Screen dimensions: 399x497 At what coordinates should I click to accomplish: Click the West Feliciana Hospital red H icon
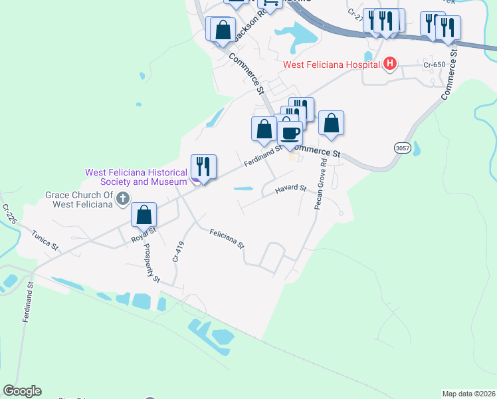point(390,64)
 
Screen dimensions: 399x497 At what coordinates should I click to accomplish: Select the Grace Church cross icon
point(122,198)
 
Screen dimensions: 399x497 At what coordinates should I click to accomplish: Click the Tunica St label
point(45,241)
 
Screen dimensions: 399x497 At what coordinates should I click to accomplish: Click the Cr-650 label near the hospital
point(435,65)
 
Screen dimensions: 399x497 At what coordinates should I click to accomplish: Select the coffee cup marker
point(290,133)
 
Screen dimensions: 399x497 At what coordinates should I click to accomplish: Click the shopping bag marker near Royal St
point(144,215)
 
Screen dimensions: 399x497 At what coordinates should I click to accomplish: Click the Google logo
point(22,391)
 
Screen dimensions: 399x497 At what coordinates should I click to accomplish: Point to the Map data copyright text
point(468,394)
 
